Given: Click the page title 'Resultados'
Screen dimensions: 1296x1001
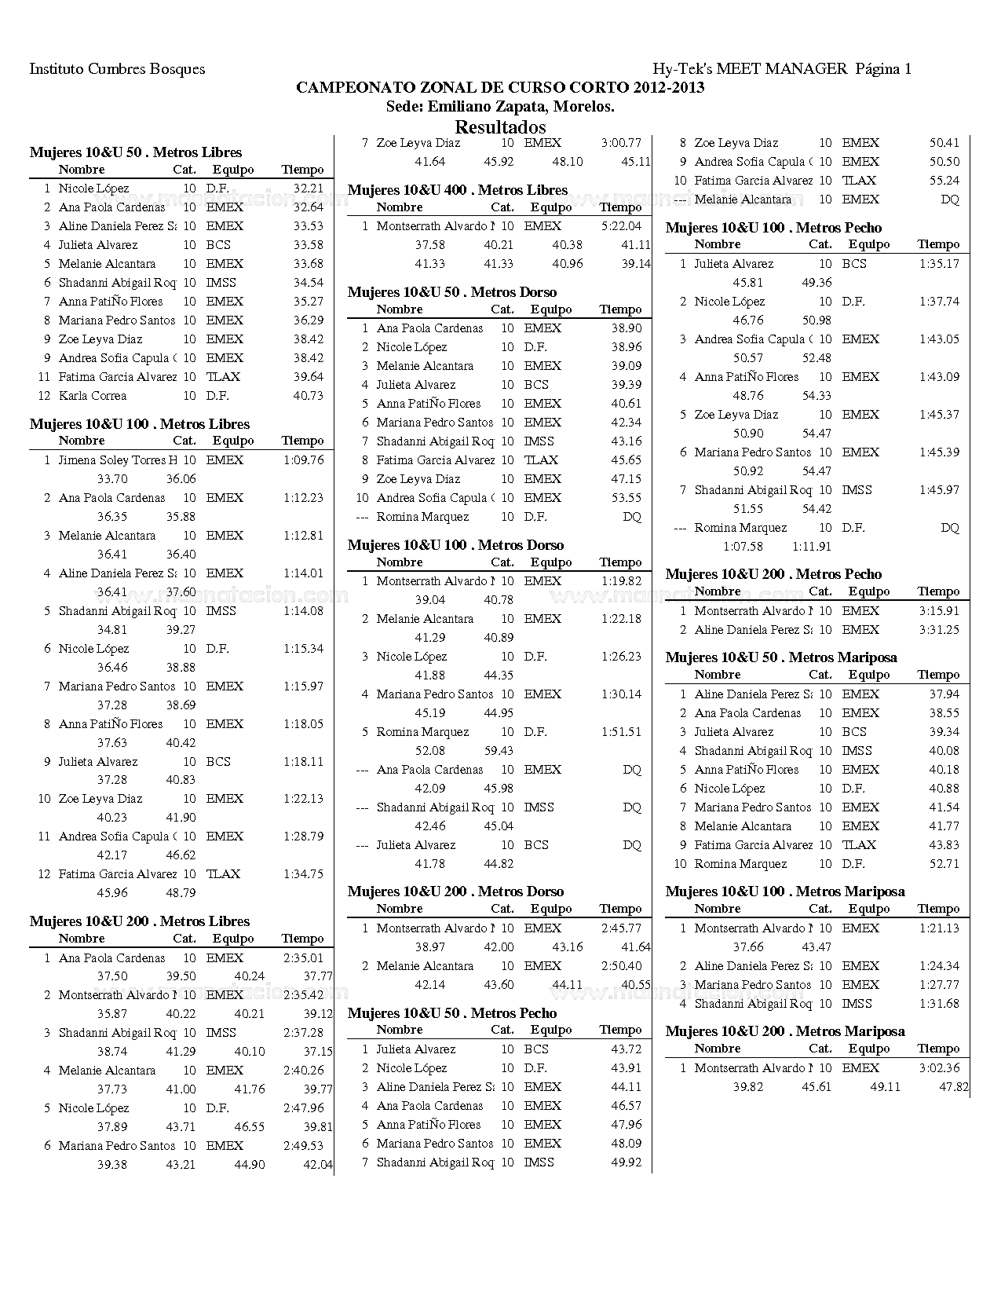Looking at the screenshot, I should pos(500,127).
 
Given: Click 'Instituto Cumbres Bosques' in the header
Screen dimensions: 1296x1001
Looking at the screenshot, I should pos(117,69).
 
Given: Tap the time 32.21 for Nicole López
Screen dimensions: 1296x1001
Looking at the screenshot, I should pos(308,189).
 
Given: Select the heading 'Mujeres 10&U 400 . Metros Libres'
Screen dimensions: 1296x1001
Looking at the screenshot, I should pos(457,190).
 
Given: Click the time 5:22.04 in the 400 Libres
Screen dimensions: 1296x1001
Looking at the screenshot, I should pos(621,226).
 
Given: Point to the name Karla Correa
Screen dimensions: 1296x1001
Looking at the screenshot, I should pos(93,396).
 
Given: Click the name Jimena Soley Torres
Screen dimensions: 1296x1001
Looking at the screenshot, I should pos(112,460).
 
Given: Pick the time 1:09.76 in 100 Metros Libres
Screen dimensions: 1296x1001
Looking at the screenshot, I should pos(303,460).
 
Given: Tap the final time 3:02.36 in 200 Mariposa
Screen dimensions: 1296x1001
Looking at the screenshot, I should pos(939,1068).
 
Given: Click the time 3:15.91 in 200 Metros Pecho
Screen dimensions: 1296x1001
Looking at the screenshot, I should pos(939,611).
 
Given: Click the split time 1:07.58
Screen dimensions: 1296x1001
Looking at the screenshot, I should pos(743,547).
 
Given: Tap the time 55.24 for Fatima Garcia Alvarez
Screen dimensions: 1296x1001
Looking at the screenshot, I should pos(944,181).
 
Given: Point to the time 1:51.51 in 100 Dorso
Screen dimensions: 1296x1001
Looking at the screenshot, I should pos(621,732).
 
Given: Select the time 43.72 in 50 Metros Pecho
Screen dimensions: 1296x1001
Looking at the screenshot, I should pos(626,1049).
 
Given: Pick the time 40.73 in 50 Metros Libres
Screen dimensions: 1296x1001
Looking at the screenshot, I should pos(308,396).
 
